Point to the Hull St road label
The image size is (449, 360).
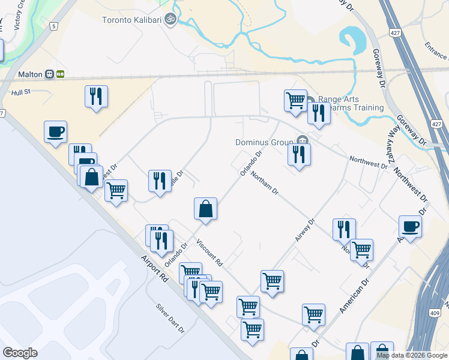tap(20, 92)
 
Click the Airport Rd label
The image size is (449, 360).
tap(155, 268)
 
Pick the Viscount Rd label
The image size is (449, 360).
tap(210, 253)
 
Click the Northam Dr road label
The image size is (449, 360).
tap(264, 183)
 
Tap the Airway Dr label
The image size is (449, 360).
tap(305, 230)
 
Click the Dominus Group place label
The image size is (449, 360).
tap(265, 142)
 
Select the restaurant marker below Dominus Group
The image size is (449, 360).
tap(298, 155)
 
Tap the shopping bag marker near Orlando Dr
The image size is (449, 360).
tap(205, 209)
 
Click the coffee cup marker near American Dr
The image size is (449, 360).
tap(411, 227)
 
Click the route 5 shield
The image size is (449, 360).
tap(54, 26)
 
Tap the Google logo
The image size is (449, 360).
tap(20, 353)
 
